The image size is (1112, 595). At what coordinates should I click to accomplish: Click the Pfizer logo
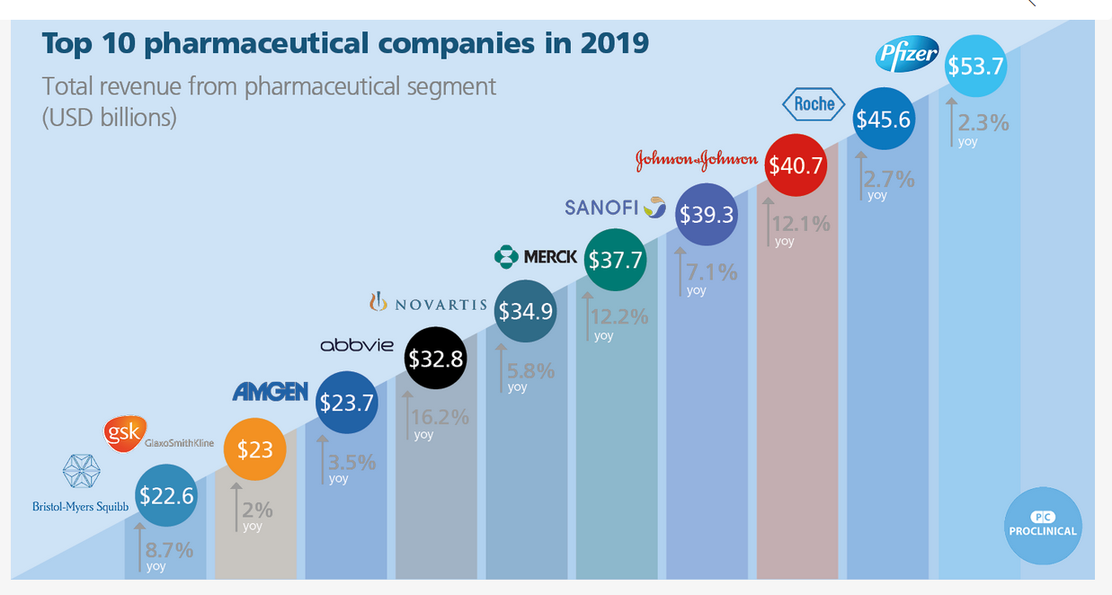click(x=907, y=55)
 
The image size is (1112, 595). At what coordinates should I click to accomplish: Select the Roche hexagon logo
click(x=814, y=104)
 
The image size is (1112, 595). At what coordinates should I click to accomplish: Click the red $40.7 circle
click(x=796, y=165)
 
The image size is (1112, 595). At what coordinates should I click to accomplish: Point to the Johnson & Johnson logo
click(x=697, y=160)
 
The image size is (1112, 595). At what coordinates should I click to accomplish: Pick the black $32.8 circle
click(x=436, y=358)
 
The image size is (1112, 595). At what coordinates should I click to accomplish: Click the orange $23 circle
click(x=254, y=449)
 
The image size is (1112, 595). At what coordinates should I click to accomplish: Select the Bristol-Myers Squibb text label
click(x=81, y=506)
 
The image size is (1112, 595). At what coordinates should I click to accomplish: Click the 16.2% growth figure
click(x=440, y=417)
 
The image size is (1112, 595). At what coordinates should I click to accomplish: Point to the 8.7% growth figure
click(x=170, y=550)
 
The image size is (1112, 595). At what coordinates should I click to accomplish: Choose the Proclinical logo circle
click(x=1042, y=526)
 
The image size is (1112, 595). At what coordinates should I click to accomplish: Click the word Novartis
click(x=440, y=305)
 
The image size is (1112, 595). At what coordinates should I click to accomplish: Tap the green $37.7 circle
click(x=616, y=260)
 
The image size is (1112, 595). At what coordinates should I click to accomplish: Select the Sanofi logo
click(x=615, y=207)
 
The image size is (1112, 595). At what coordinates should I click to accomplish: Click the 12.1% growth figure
click(x=802, y=224)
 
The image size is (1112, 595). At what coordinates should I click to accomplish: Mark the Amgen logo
click(x=271, y=392)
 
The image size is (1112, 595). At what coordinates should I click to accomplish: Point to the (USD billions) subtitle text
click(x=110, y=118)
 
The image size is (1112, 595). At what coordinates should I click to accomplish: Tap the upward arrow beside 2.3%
click(x=951, y=121)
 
